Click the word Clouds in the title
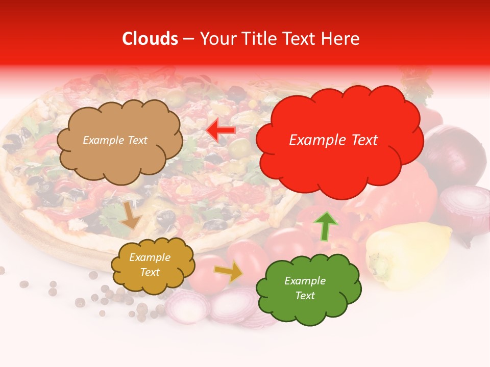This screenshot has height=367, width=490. click(x=150, y=39)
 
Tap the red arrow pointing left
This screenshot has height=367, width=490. click(x=220, y=130)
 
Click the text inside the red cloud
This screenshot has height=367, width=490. click(x=333, y=140)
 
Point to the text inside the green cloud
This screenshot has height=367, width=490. click(x=305, y=288)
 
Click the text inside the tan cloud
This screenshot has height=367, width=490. click(x=115, y=140)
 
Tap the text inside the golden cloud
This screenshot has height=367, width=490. click(x=150, y=265)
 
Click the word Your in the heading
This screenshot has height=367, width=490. click(x=216, y=39)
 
